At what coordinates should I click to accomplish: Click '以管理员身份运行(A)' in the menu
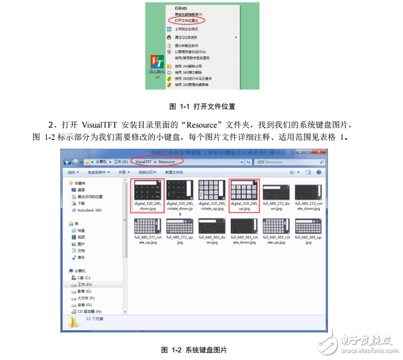(x=190, y=52)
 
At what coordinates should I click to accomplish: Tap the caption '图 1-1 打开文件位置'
(x=201, y=107)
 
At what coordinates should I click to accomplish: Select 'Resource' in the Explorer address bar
(x=167, y=162)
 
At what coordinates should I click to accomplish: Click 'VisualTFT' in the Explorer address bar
(x=145, y=162)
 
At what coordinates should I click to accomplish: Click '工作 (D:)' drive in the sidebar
(x=86, y=284)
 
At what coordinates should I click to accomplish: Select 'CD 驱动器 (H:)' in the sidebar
(x=89, y=311)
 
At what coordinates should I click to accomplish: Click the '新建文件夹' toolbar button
(x=174, y=173)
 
